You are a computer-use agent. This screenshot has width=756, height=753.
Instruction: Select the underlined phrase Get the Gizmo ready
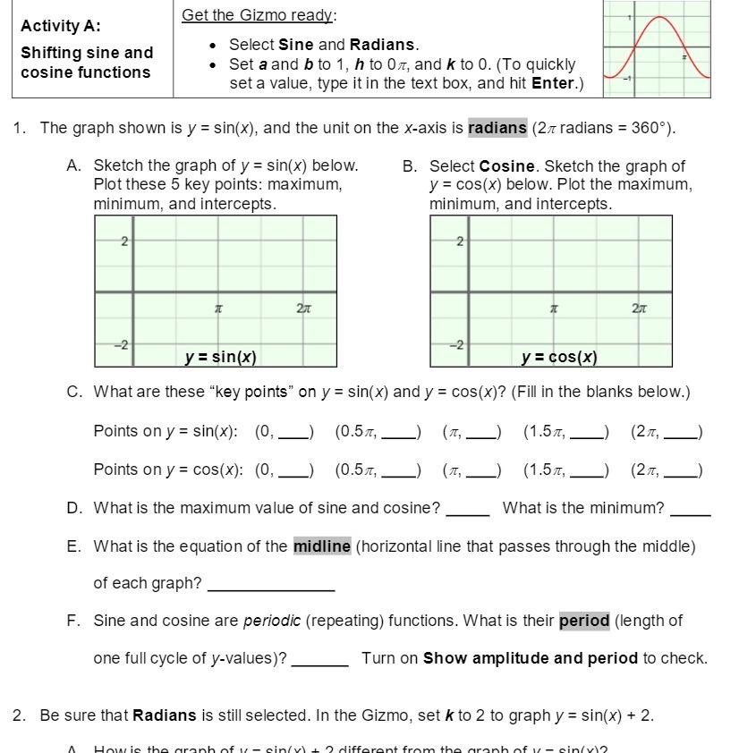tap(259, 15)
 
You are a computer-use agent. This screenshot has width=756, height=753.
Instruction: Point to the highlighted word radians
tap(497, 128)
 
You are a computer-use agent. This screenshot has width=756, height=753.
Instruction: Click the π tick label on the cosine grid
tap(554, 308)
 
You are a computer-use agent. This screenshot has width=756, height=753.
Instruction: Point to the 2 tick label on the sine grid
tap(124, 241)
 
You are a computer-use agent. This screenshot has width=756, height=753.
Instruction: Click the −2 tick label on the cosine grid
tap(457, 346)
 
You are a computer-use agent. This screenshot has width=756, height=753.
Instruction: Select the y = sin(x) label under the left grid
tap(220, 358)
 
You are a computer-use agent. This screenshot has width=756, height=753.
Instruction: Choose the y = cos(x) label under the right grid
tap(559, 358)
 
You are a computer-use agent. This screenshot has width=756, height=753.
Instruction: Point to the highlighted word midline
tap(321, 546)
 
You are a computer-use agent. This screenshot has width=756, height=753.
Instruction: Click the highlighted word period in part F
tap(584, 621)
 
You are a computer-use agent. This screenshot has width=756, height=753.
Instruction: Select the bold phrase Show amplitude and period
tap(530, 658)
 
